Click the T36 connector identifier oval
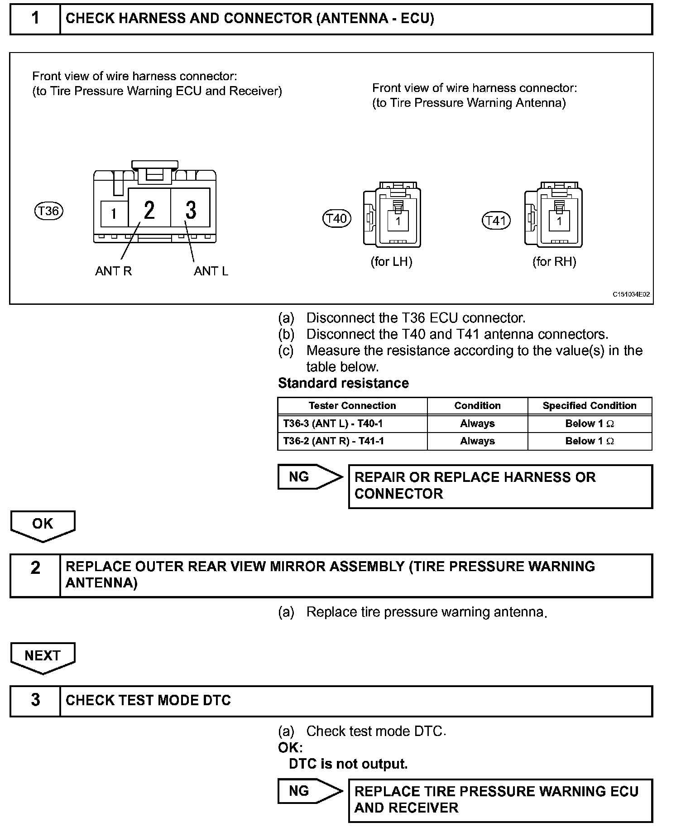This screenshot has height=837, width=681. click(49, 211)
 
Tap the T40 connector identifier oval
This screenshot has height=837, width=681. click(337, 219)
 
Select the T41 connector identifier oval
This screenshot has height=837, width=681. click(496, 221)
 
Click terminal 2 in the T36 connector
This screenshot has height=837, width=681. click(149, 210)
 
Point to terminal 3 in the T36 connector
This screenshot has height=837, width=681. click(191, 210)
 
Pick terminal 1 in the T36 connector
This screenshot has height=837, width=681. click(114, 214)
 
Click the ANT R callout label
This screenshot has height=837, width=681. click(113, 271)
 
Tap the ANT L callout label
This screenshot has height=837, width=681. click(211, 271)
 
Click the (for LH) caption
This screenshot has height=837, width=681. click(391, 262)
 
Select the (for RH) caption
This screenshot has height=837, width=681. click(554, 262)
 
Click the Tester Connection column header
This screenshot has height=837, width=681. click(352, 406)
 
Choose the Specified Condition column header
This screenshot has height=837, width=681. click(590, 406)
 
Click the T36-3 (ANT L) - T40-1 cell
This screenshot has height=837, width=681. click(333, 423)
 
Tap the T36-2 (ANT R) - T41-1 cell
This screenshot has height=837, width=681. click(333, 441)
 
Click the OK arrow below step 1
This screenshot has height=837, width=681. click(43, 525)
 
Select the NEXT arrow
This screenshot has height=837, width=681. click(43, 657)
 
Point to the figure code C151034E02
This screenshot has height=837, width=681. click(631, 294)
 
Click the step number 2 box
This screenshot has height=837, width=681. click(35, 575)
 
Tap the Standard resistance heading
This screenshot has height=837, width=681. click(343, 383)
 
